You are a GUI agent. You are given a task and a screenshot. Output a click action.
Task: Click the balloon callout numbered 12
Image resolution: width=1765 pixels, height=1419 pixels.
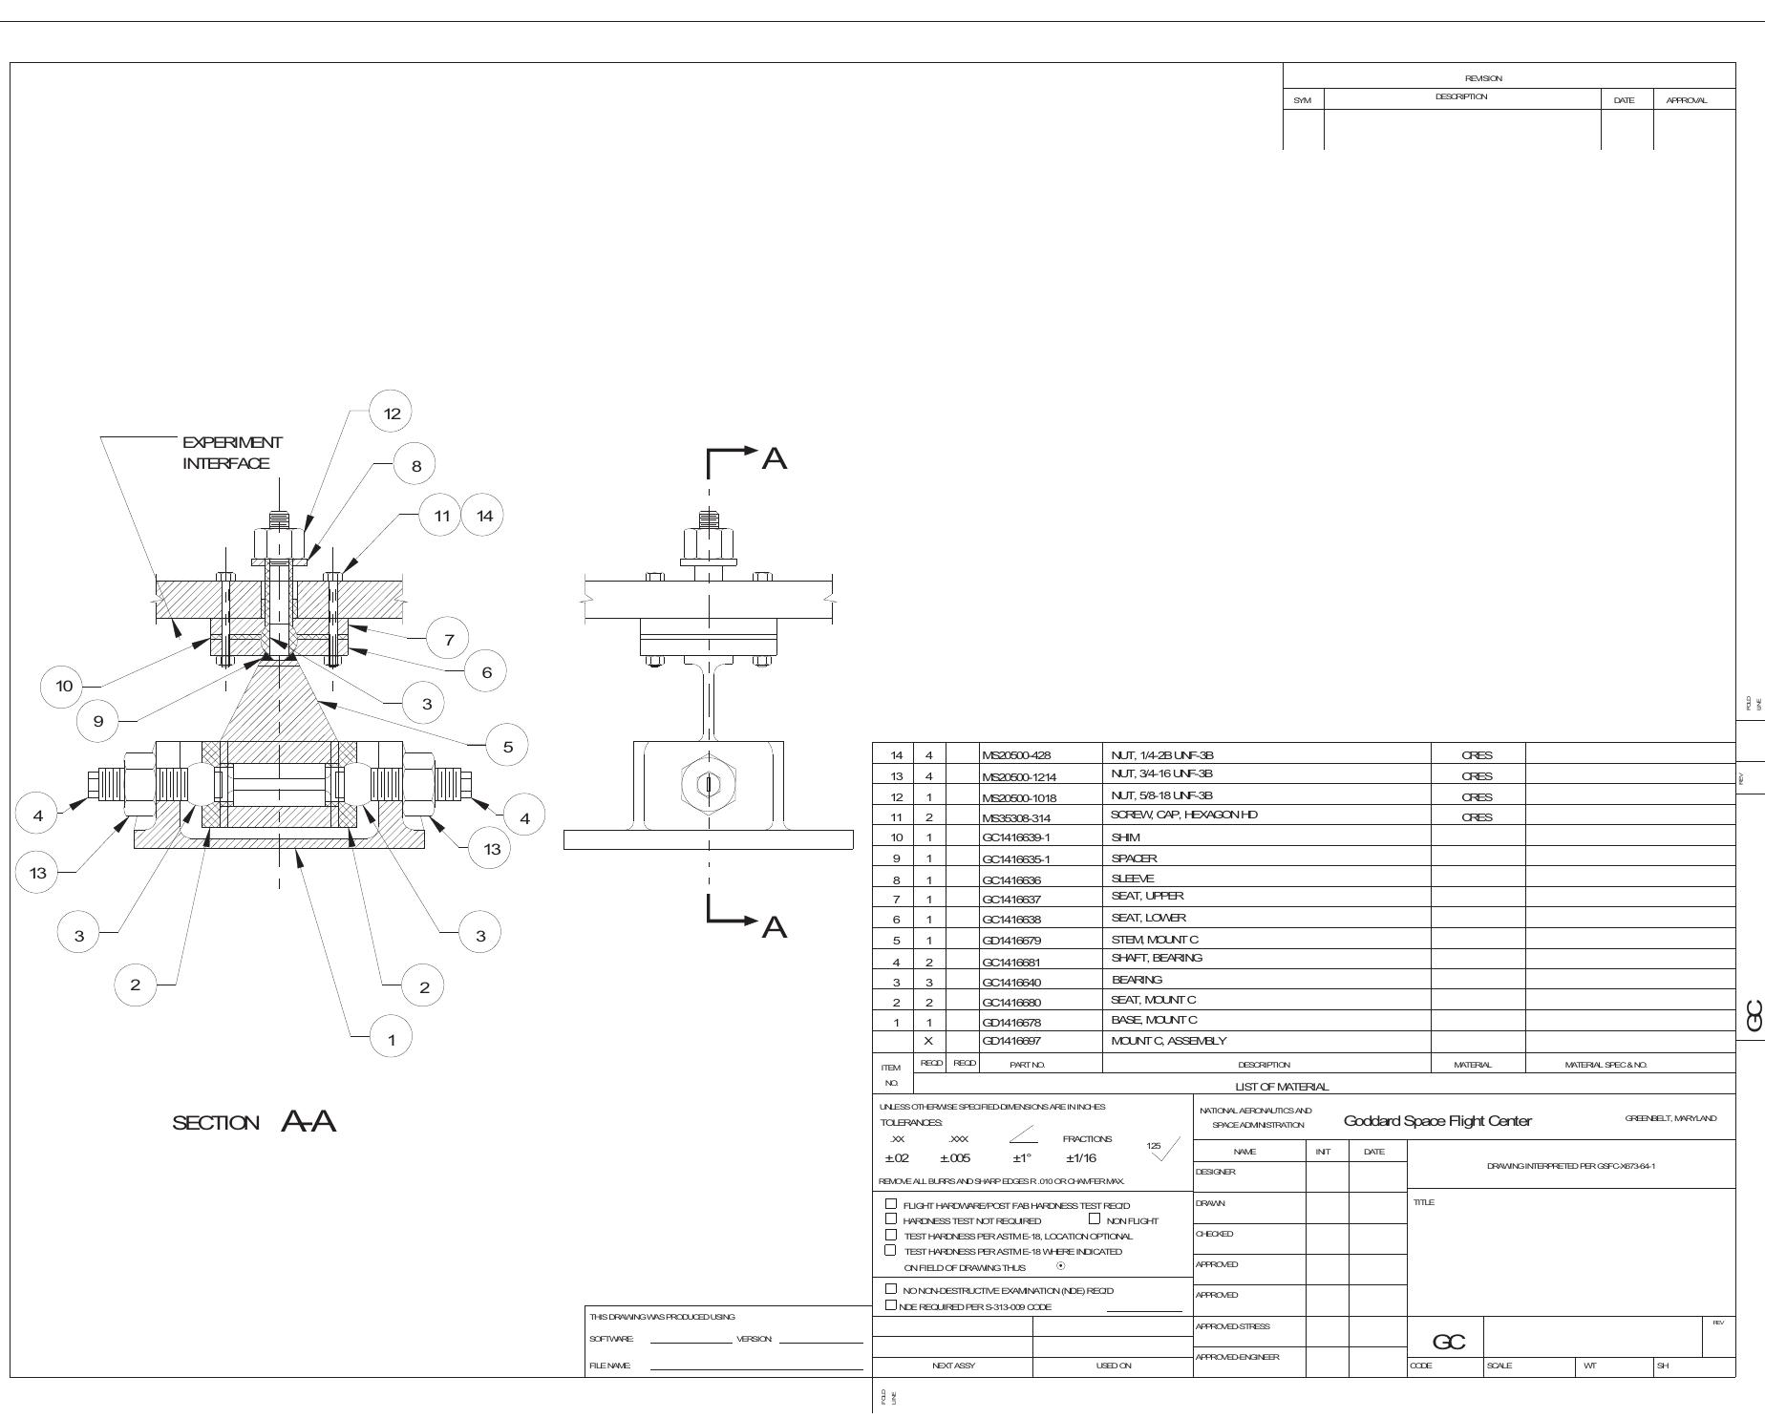(x=392, y=413)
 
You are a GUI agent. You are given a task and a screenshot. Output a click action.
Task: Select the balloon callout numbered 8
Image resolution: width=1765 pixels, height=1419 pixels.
(x=415, y=466)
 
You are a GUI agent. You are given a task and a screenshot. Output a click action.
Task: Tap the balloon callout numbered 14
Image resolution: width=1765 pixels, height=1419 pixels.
(x=484, y=516)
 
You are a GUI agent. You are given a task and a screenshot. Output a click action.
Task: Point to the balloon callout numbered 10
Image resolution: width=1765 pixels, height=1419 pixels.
(x=64, y=686)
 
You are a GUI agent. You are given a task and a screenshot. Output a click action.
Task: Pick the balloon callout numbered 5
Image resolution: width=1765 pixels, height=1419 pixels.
(x=507, y=747)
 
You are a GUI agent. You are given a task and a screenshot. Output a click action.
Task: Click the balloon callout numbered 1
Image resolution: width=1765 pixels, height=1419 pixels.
(x=391, y=1039)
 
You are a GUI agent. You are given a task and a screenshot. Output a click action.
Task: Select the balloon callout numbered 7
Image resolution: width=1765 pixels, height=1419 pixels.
(x=448, y=639)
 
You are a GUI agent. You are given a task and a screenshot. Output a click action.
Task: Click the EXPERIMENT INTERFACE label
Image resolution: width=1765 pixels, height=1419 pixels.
(x=232, y=453)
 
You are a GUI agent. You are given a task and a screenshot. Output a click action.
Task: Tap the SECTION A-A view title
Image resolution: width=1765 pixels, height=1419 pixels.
(x=254, y=1122)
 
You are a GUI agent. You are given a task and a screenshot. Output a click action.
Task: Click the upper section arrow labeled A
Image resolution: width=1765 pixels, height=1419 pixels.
(x=774, y=459)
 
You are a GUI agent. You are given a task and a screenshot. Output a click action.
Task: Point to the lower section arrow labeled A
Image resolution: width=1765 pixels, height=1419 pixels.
(x=774, y=927)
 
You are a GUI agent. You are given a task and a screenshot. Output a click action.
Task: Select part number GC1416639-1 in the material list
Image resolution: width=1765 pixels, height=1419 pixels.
(x=1015, y=837)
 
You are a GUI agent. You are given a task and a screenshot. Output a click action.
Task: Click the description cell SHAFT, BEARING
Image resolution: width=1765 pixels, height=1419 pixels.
(x=1157, y=958)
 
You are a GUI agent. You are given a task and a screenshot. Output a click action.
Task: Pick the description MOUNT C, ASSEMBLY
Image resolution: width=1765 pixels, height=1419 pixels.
(x=1169, y=1041)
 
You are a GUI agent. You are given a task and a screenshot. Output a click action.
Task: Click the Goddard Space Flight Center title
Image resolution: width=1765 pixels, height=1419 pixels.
(x=1437, y=1121)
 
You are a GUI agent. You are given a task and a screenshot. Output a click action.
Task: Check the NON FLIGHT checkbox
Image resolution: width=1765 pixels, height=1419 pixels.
(x=1095, y=1218)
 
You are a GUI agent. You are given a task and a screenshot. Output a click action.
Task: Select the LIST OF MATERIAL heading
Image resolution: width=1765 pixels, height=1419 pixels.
(x=1281, y=1087)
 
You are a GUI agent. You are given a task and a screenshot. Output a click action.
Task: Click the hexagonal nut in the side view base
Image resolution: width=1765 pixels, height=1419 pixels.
(x=708, y=784)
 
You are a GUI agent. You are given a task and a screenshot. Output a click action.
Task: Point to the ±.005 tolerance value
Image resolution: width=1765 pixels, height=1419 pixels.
(x=955, y=1158)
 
